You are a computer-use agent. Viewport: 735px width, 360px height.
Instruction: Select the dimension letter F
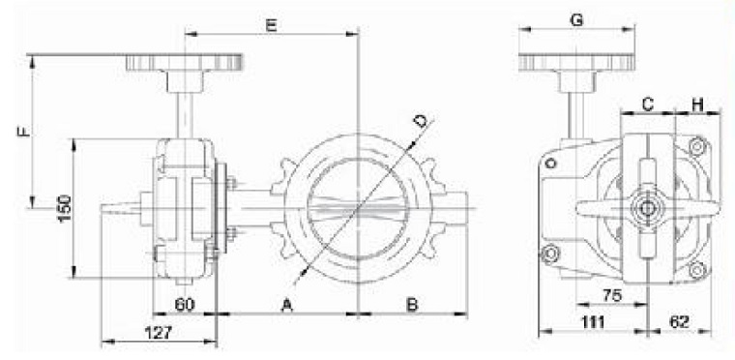click(x=24, y=131)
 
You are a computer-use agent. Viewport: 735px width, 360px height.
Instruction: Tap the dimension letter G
click(x=576, y=20)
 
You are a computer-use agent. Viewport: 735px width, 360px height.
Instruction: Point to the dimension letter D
click(x=421, y=121)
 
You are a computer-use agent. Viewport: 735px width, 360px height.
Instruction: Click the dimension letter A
click(x=287, y=305)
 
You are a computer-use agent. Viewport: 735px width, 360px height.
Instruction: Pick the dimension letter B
click(x=412, y=305)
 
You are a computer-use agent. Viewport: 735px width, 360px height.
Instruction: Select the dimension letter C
click(x=647, y=105)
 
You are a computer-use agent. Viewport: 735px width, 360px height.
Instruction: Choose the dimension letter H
click(x=698, y=105)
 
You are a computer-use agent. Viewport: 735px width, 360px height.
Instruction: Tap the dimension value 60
click(x=185, y=305)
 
